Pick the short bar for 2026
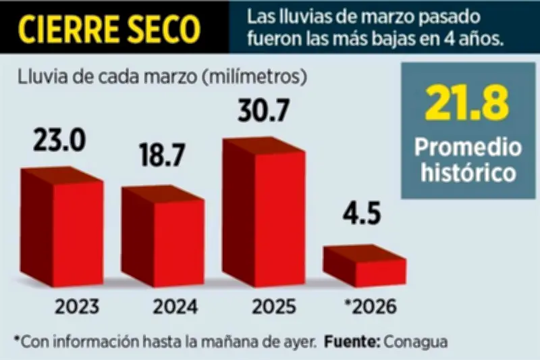(x=365, y=266)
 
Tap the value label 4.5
(x=361, y=217)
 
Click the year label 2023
(x=77, y=307)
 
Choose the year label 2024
(x=175, y=307)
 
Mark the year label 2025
(x=273, y=307)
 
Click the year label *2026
(x=370, y=307)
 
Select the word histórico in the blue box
(x=469, y=172)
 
